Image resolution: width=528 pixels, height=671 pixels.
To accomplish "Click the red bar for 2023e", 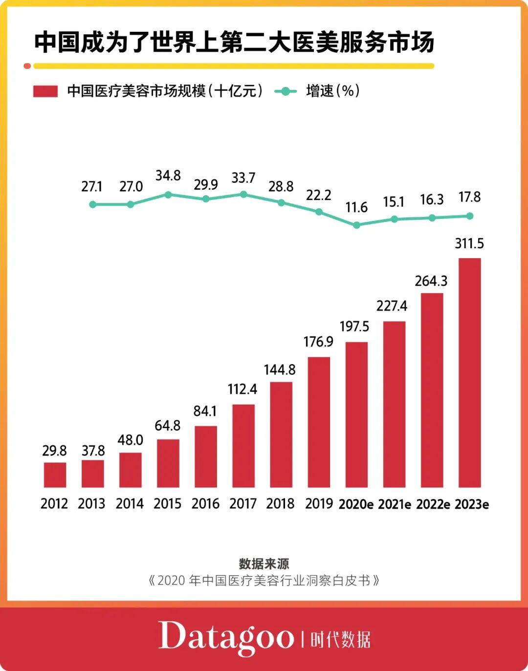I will point(469,372).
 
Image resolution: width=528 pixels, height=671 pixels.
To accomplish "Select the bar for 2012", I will point(55,475).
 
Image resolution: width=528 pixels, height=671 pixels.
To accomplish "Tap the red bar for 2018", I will point(281,434).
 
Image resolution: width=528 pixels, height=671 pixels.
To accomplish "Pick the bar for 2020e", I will point(356,414).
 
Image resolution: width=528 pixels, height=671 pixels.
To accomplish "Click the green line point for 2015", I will point(168,195).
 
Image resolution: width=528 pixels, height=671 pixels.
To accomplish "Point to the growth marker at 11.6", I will point(356,225).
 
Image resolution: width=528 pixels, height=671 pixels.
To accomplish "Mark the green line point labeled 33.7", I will point(243,194).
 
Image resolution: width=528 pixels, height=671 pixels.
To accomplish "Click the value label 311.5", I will point(469,243).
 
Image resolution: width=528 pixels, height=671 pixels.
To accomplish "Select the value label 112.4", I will point(242,389).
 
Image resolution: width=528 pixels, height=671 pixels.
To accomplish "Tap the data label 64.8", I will point(168,426).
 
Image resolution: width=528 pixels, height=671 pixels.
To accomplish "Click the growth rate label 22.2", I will point(319,195).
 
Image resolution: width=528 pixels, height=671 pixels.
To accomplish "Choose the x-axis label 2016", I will point(205,504).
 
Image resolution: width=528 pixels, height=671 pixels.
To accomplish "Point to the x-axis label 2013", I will point(91,504).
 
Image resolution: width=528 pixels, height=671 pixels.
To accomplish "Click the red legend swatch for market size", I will point(45,91).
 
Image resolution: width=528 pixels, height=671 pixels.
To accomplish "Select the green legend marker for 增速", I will point(286,91).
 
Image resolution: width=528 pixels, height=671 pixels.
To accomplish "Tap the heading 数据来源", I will point(264,563).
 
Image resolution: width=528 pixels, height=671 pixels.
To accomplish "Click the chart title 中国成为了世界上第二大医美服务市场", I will point(234,42).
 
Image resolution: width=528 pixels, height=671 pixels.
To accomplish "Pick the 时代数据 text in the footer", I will point(340,639).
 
